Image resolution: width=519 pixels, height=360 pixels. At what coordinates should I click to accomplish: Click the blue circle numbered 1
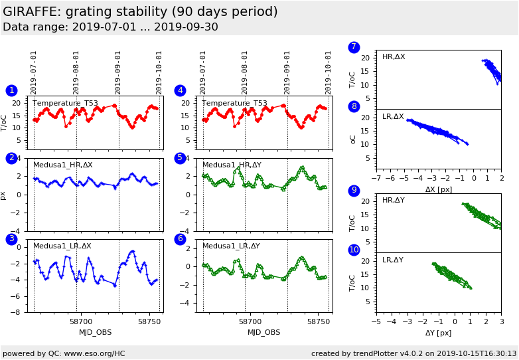(11, 90)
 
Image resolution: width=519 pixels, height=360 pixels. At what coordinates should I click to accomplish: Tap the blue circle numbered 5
(180, 158)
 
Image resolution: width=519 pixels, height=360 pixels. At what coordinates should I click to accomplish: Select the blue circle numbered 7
(354, 47)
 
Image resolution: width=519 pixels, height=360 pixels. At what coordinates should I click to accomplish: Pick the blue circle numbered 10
(354, 250)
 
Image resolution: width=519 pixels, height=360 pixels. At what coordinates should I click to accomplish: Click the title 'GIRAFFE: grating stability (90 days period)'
(140, 12)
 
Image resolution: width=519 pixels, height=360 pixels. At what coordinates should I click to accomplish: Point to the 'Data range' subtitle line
(110, 27)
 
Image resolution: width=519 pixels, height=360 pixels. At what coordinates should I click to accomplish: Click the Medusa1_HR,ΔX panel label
(63, 165)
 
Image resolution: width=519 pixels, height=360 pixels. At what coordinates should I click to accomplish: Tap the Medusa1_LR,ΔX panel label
(62, 246)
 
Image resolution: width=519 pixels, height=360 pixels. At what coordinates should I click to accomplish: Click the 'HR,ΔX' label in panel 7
(394, 57)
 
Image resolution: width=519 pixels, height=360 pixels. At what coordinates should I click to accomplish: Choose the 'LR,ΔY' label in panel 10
(393, 260)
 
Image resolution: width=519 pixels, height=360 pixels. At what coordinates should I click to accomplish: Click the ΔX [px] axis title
(438, 190)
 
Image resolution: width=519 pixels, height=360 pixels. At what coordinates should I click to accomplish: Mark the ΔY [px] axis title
(438, 333)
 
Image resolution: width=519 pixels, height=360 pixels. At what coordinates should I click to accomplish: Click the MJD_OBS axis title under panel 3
(96, 332)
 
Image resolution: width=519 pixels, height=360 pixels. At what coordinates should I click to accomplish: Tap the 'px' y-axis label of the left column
(4, 195)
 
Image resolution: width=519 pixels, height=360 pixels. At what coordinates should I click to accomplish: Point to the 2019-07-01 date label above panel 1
(34, 72)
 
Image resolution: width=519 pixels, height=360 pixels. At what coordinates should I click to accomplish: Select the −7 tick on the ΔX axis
(376, 179)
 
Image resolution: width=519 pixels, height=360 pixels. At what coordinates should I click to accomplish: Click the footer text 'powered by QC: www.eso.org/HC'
(64, 353)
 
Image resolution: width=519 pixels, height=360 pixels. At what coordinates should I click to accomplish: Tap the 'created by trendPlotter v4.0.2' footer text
(413, 353)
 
